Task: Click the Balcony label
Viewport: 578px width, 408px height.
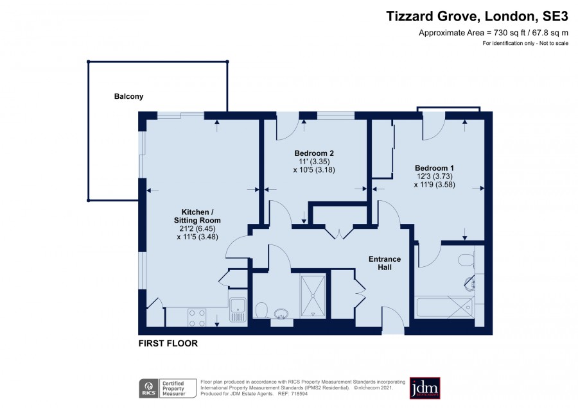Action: tap(128, 96)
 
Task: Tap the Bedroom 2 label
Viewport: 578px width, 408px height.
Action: tap(314, 153)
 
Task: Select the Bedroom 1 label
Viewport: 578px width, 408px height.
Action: tap(434, 168)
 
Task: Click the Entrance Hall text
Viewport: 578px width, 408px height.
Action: tap(385, 263)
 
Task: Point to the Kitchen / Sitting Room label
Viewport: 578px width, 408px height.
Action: tap(197, 216)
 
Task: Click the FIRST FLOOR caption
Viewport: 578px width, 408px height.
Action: tap(168, 343)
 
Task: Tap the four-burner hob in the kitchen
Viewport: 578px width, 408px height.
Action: tap(197, 318)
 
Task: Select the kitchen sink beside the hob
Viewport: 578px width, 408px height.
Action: tap(238, 310)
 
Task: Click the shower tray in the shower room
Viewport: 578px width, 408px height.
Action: tap(313, 296)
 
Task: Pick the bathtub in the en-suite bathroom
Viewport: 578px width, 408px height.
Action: tap(444, 307)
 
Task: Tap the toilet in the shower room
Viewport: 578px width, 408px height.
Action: tap(261, 310)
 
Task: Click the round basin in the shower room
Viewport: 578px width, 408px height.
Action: tap(282, 314)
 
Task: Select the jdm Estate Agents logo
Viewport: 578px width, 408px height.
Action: tap(425, 388)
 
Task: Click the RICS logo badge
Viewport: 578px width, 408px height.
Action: tap(148, 388)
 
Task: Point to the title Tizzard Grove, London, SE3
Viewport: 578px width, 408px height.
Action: tap(477, 16)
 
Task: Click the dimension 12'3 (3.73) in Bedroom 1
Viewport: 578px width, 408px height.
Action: tap(435, 176)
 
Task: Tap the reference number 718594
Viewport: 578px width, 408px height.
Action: tap(299, 394)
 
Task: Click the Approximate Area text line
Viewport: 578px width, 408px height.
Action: tap(493, 33)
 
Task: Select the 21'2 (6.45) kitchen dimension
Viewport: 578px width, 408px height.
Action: tap(197, 228)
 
